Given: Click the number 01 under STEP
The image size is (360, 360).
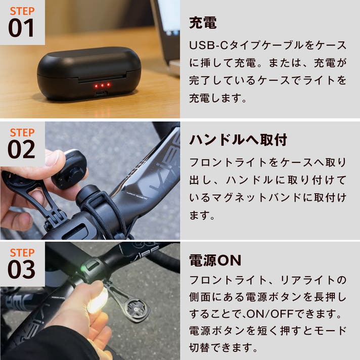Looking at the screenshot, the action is point(21,28).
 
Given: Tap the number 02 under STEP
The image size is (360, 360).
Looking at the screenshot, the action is point(21,150).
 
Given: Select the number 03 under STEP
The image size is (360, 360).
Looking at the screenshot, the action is point(21,269).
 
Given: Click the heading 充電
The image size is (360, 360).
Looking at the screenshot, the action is point(203,23).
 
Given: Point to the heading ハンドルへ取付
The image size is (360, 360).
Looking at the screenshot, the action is point(238,140).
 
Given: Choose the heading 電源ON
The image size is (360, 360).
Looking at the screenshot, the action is point(215,260).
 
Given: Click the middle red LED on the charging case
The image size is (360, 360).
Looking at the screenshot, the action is point(102,86).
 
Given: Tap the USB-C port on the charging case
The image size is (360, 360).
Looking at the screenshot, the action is point(101,94).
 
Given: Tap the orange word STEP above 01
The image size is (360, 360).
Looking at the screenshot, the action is point(22,11).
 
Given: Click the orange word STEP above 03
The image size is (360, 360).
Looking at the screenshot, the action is point(22,252).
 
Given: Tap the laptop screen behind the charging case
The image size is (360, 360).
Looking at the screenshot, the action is point(168,17).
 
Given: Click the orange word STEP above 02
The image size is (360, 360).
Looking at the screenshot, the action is point(22,132).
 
